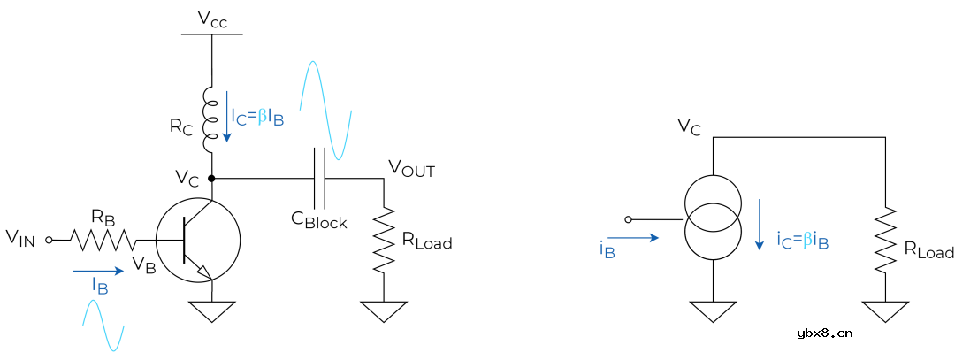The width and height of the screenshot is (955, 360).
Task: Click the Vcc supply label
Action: (x=212, y=20)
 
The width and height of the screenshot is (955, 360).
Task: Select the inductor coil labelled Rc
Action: (x=211, y=119)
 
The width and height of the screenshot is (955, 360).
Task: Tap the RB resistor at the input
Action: (x=103, y=239)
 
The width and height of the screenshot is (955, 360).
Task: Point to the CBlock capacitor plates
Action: (x=320, y=179)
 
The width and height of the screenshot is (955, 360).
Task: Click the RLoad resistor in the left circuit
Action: (x=383, y=239)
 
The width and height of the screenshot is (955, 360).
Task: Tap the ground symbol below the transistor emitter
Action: (x=212, y=311)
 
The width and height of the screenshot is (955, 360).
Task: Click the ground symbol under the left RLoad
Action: (x=383, y=311)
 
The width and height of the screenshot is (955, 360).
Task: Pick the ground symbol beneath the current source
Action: (x=713, y=311)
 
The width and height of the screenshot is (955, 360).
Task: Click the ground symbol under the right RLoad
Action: (x=885, y=311)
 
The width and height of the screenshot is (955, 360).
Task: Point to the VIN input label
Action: (x=20, y=237)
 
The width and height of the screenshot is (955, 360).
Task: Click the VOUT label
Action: (x=412, y=169)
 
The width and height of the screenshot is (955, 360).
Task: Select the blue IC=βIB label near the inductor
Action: (x=257, y=117)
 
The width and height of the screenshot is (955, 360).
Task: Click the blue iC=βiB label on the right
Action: (x=803, y=239)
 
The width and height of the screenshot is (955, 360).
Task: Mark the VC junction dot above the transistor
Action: (x=212, y=179)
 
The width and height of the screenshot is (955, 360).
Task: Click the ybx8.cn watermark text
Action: (x=824, y=333)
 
